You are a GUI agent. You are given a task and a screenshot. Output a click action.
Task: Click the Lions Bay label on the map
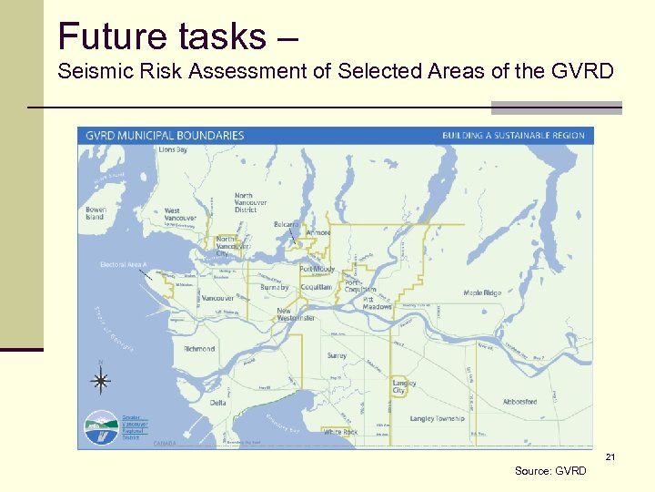(173, 149)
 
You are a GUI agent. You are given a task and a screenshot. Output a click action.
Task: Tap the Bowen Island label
(95, 213)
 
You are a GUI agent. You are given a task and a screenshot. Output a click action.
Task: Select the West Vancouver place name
(179, 215)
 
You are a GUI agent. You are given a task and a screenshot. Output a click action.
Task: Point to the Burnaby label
(274, 287)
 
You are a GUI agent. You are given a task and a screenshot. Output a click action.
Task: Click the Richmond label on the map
(199, 349)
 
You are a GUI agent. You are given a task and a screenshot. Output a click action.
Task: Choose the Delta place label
(218, 402)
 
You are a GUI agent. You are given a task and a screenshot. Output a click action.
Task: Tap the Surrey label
(337, 355)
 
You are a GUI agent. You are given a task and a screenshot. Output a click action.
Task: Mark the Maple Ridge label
(481, 293)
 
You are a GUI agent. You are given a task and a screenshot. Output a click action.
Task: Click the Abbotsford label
(519, 401)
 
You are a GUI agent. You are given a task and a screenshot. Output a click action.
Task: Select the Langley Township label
(437, 419)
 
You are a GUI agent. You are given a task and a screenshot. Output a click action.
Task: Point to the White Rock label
(341, 432)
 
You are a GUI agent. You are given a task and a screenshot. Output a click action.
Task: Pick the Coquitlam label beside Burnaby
(317, 287)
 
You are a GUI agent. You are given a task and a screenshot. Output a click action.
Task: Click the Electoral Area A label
(123, 264)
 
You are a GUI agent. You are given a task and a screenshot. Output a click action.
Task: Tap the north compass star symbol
(101, 381)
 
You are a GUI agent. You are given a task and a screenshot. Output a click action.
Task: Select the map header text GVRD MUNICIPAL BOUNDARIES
(165, 136)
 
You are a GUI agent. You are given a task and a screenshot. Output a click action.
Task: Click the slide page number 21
(610, 456)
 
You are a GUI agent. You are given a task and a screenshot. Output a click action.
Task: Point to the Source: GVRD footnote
(550, 470)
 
